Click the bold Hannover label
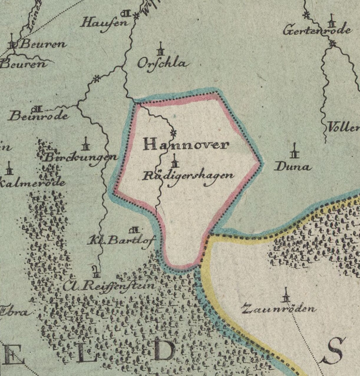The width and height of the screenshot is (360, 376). [x=184, y=144]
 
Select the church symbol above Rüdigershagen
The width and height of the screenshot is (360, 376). [x=175, y=164]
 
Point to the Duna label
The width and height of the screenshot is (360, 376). [x=292, y=167]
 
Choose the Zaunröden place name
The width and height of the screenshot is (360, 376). [x=279, y=308]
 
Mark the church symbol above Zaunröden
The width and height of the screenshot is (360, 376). [x=285, y=296]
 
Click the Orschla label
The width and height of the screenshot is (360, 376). [x=162, y=64]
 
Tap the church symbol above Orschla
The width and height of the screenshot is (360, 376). [x=162, y=49]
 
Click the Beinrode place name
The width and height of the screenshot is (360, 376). [x=39, y=116]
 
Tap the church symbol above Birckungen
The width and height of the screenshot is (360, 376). [x=87, y=143]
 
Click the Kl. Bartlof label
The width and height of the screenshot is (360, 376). [x=121, y=239]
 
